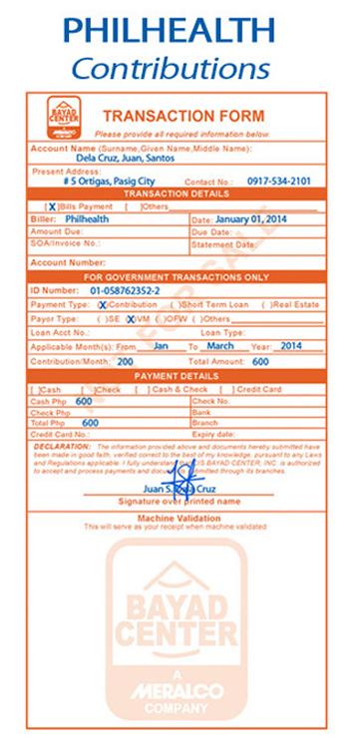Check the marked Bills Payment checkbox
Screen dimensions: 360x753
coord(53,206)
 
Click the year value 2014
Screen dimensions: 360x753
coord(290,345)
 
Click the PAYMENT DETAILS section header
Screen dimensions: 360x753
coord(180,375)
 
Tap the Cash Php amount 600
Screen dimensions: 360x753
coord(84,401)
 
